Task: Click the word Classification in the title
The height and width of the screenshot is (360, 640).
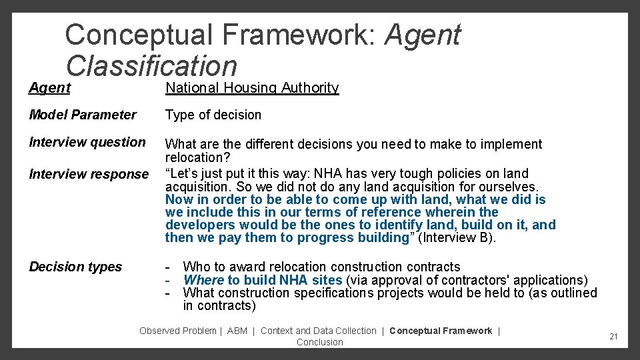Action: [151, 65]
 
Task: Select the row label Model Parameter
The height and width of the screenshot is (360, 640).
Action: [83, 115]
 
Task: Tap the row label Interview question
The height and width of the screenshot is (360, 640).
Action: [87, 142]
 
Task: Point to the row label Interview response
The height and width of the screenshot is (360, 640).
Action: [89, 174]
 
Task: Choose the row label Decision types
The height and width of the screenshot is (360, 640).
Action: [76, 267]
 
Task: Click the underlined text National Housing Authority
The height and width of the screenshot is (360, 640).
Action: [252, 88]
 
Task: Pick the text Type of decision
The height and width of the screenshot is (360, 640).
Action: [213, 115]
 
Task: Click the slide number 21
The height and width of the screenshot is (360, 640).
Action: [613, 337]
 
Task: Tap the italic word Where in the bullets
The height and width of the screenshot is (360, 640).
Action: [203, 280]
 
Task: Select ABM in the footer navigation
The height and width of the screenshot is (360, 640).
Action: [237, 331]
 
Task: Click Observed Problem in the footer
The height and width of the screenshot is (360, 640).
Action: [178, 331]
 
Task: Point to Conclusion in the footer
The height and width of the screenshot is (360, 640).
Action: [320, 342]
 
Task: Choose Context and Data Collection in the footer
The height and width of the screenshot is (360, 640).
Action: [319, 331]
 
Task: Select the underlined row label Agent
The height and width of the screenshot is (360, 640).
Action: [50, 88]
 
